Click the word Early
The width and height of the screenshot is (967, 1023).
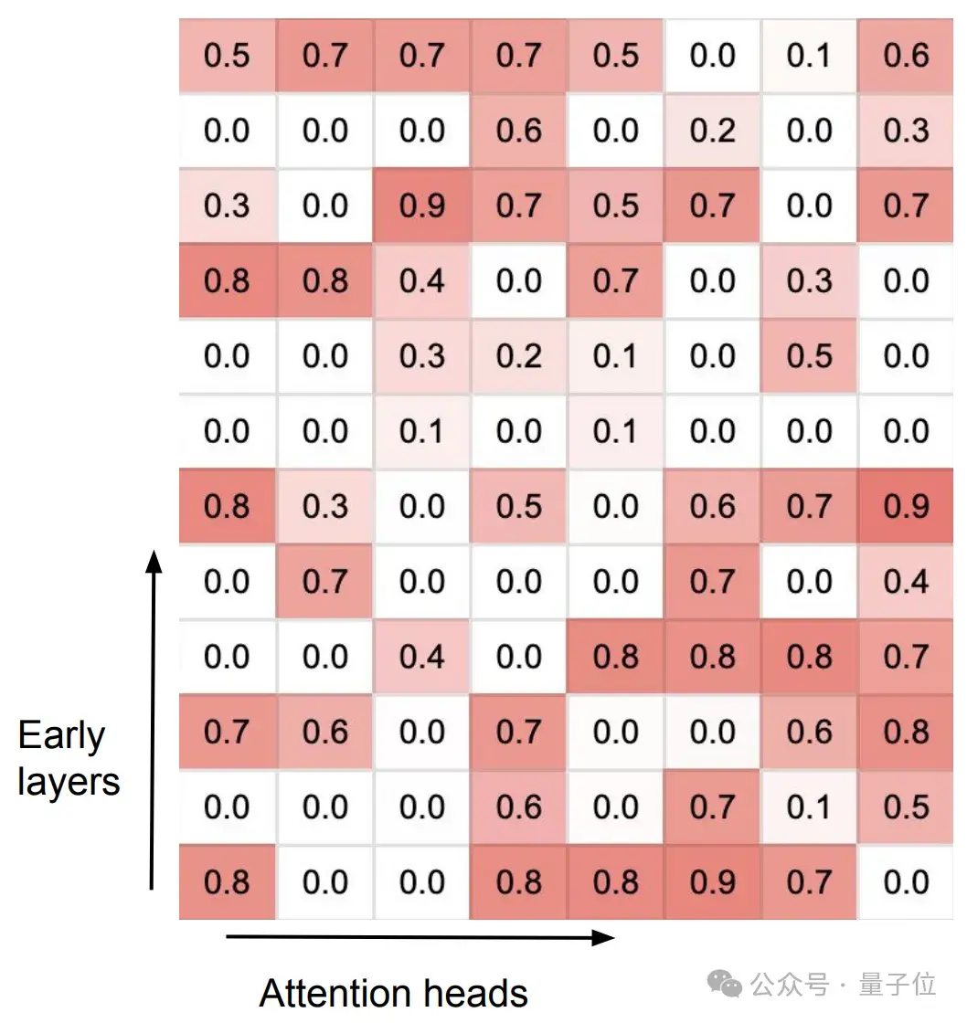click(61, 736)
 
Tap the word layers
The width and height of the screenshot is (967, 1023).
click(69, 782)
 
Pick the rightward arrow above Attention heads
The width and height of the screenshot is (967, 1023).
click(420, 937)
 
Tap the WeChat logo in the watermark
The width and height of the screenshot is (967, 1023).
click(728, 984)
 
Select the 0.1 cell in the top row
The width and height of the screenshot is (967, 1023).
click(809, 56)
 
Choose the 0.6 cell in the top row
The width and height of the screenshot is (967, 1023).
click(906, 56)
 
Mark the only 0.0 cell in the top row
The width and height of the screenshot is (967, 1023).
click(712, 56)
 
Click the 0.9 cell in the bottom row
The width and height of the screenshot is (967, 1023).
click(712, 882)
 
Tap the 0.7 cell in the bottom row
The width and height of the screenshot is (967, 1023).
click(809, 882)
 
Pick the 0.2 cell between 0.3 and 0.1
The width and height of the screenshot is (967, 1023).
click(518, 356)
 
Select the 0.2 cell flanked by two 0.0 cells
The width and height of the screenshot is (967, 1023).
click(712, 131)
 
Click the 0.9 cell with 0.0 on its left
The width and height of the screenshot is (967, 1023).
click(421, 206)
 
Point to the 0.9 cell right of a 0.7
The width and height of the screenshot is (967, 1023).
click(906, 506)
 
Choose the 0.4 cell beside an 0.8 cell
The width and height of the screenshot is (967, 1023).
click(421, 281)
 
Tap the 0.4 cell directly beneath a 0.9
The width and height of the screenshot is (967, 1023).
click(906, 582)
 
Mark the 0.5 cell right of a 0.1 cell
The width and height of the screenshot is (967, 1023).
click(906, 807)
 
